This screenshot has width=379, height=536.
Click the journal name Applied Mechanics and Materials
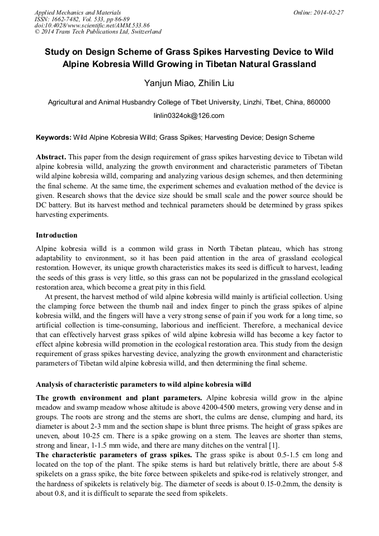pos(77,12)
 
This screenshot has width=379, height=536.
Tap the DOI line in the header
pos(92,25)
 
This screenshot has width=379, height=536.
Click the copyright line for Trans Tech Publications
pos(98,32)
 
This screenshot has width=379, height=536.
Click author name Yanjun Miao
pos(162,84)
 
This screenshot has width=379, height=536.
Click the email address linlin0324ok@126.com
pos(189,116)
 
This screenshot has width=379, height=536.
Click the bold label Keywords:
pos(54,137)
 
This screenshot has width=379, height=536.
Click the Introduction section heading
pos(56,235)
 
